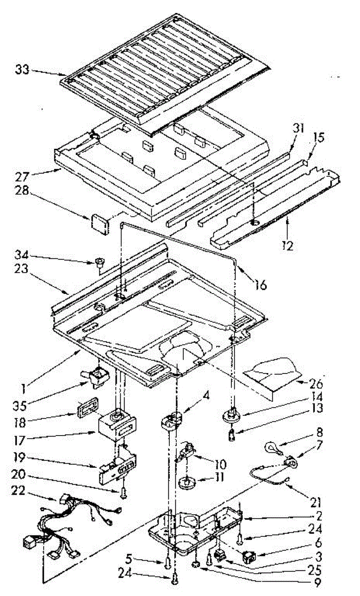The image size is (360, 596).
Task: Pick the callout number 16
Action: [260, 285]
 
